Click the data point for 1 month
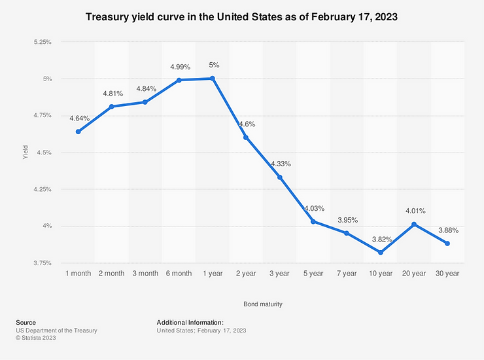(78, 132)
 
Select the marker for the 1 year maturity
(213, 79)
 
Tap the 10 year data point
(381, 253)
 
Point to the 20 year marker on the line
(414, 225)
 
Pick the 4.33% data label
(281, 164)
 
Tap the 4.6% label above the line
(246, 124)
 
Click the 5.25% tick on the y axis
(41, 42)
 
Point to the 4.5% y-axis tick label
(43, 153)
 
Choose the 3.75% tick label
(41, 263)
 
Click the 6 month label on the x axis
(179, 273)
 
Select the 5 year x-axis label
(313, 273)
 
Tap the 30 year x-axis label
(447, 273)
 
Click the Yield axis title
(26, 153)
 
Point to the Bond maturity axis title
(263, 304)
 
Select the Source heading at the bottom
(26, 323)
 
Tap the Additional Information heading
(190, 323)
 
